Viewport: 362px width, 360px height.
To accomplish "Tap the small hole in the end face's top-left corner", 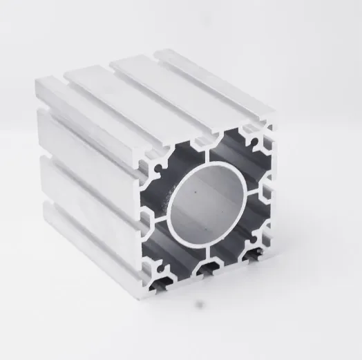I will pyautogui.click(x=160, y=166).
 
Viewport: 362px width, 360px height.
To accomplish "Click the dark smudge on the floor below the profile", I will pyautogui.click(x=201, y=303).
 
